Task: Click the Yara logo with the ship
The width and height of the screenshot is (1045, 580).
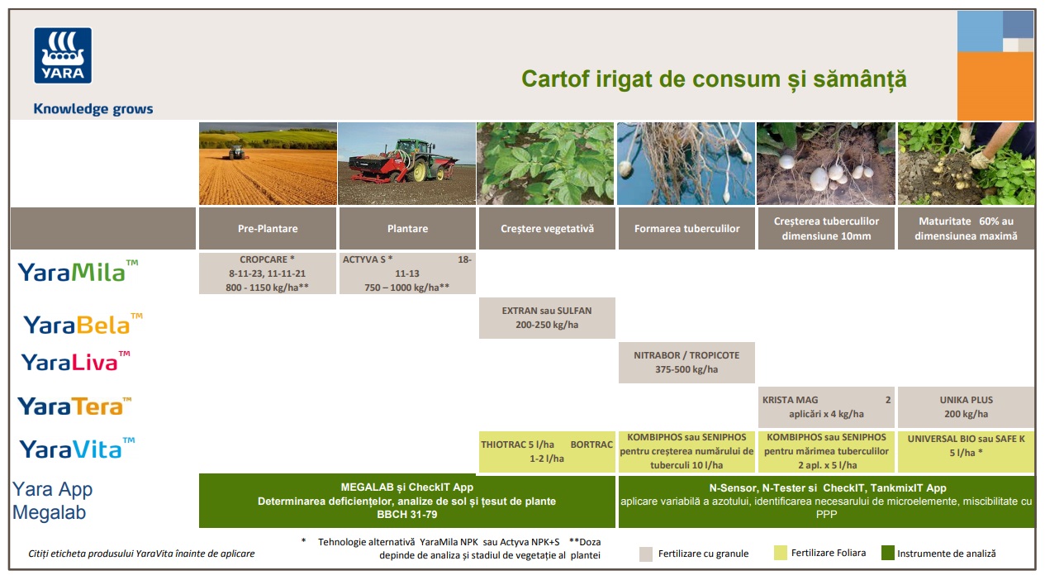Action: tap(63, 55)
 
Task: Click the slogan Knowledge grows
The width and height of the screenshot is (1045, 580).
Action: tap(93, 109)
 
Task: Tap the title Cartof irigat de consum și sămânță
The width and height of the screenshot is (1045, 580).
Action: tap(714, 78)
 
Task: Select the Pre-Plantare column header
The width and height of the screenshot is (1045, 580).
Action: tap(268, 229)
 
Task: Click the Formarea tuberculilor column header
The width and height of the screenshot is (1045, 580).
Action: tap(686, 229)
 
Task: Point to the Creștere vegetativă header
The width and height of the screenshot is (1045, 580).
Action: tap(547, 229)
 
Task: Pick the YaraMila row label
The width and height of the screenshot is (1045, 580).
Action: tap(78, 271)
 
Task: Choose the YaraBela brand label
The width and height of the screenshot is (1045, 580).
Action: tap(83, 324)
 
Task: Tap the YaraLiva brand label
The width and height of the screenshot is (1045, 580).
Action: tap(75, 362)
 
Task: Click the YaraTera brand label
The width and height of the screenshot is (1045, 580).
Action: tap(74, 406)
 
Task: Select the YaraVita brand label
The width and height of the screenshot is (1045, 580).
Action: tap(77, 449)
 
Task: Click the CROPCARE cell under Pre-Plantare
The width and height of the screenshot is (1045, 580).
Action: tap(268, 273)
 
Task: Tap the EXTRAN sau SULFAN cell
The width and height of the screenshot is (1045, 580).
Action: tap(547, 318)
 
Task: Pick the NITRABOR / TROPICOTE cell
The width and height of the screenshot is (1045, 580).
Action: tap(686, 363)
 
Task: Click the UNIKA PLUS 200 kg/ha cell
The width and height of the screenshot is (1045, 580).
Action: tap(967, 406)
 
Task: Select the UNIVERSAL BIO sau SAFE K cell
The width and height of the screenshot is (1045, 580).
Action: tap(967, 452)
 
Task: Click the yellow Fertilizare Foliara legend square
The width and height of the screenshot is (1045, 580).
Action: tap(780, 553)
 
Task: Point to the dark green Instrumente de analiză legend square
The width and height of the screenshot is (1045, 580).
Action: tap(888, 553)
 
